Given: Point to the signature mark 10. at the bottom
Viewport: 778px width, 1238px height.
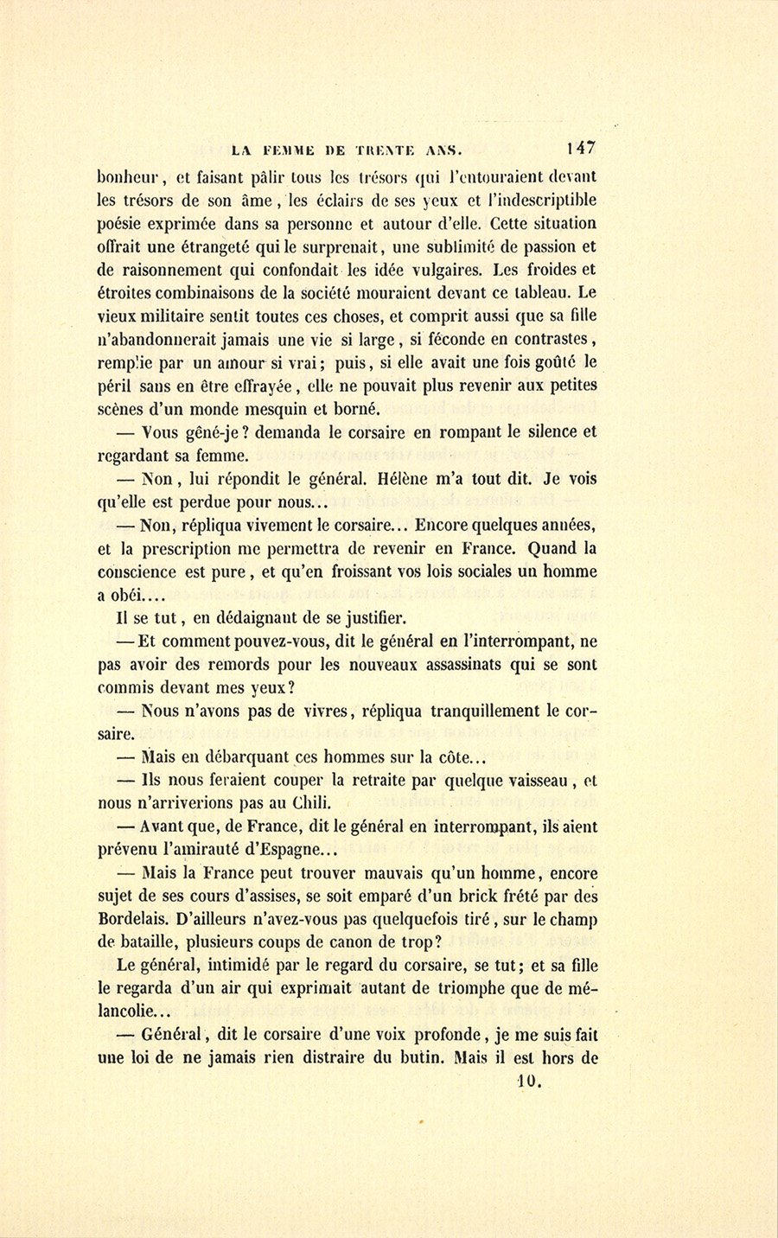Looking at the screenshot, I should [x=528, y=1081].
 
